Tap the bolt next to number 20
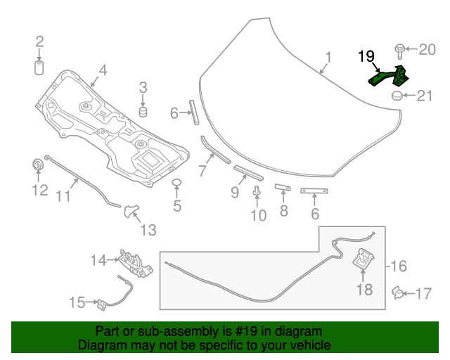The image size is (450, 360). (x=399, y=50)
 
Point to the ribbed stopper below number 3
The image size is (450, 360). (x=143, y=112)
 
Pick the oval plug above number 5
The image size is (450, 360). (x=177, y=185)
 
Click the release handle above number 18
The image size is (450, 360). (x=364, y=259)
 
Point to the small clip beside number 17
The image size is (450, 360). (x=398, y=291)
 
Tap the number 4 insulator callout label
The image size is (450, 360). (x=103, y=70)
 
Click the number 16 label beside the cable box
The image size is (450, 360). (x=398, y=266)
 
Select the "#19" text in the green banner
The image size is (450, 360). (x=245, y=331)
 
